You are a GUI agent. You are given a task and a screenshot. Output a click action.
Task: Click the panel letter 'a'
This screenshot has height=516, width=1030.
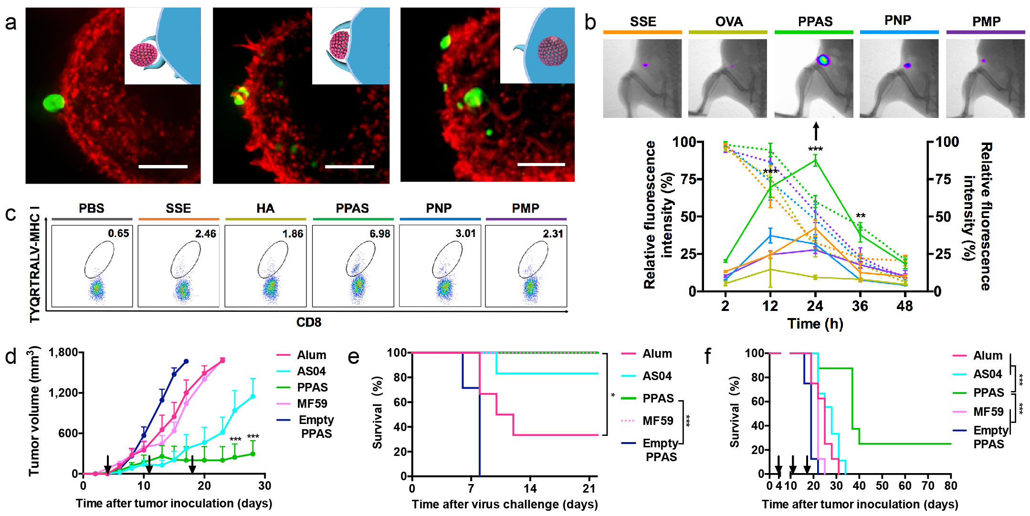click(x=11, y=23)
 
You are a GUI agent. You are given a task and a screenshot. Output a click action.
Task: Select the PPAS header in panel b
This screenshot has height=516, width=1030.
click(x=815, y=21)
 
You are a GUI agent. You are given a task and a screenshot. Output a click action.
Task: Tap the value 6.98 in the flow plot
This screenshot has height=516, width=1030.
click(x=379, y=234)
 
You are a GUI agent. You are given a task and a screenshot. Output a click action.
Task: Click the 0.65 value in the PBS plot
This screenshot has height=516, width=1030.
click(x=118, y=233)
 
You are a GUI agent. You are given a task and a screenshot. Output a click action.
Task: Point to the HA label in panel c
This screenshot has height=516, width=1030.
click(x=265, y=208)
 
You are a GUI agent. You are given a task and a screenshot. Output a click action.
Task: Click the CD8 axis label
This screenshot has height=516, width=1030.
click(x=309, y=323)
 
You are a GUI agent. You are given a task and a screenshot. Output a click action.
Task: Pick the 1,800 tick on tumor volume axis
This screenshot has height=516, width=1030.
click(x=63, y=352)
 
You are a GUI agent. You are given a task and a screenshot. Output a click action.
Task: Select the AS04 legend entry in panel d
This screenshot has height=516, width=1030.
click(x=311, y=371)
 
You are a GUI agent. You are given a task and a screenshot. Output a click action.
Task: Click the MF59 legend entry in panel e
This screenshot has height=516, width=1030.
click(x=658, y=421)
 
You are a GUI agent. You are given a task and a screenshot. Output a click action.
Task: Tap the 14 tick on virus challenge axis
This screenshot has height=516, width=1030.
click(x=530, y=488)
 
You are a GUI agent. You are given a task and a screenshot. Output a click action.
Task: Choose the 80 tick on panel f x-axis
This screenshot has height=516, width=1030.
click(x=950, y=486)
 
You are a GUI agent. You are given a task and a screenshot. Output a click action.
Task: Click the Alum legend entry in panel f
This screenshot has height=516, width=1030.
click(x=988, y=356)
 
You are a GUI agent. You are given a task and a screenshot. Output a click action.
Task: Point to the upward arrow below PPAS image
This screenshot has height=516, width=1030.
click(x=816, y=131)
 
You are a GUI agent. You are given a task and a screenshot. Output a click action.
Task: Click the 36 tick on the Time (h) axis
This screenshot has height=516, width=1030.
click(x=860, y=306)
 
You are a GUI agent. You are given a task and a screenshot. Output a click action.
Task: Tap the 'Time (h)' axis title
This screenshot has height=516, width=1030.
click(x=815, y=324)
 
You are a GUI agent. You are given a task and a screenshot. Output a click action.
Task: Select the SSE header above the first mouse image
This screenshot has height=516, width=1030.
click(x=643, y=21)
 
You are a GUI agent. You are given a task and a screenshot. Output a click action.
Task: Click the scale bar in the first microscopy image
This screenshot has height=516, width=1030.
click(x=163, y=166)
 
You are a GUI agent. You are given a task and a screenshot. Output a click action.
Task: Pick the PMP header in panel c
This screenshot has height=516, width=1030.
click(x=526, y=208)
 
